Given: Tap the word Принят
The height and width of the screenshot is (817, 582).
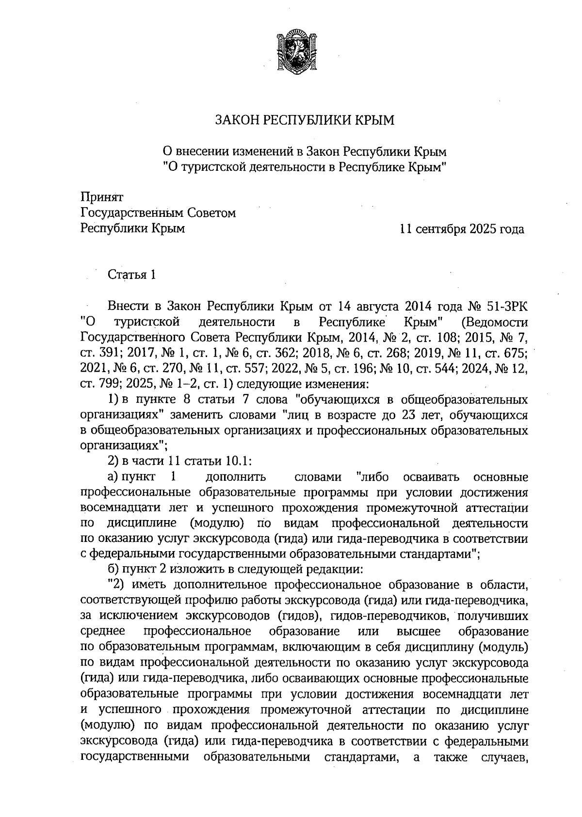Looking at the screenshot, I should (102, 197).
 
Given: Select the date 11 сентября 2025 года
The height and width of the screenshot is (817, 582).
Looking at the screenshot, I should (461, 229).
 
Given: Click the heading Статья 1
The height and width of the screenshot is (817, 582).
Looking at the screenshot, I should (131, 275).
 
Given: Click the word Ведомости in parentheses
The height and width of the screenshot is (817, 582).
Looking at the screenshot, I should (495, 322).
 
